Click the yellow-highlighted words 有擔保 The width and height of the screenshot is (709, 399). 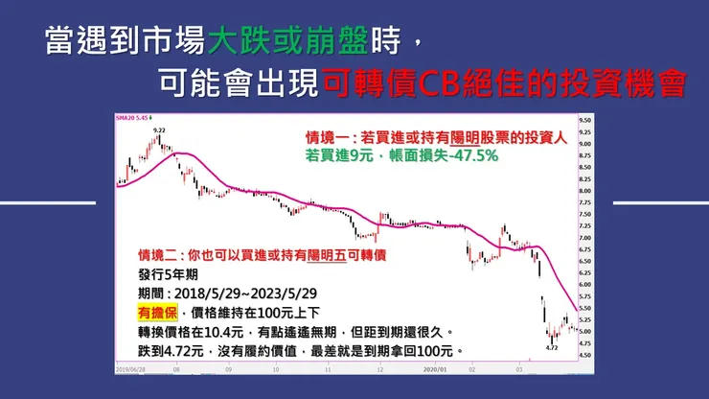(157, 313)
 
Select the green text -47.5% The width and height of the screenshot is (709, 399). (475, 155)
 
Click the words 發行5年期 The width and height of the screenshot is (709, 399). (166, 274)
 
